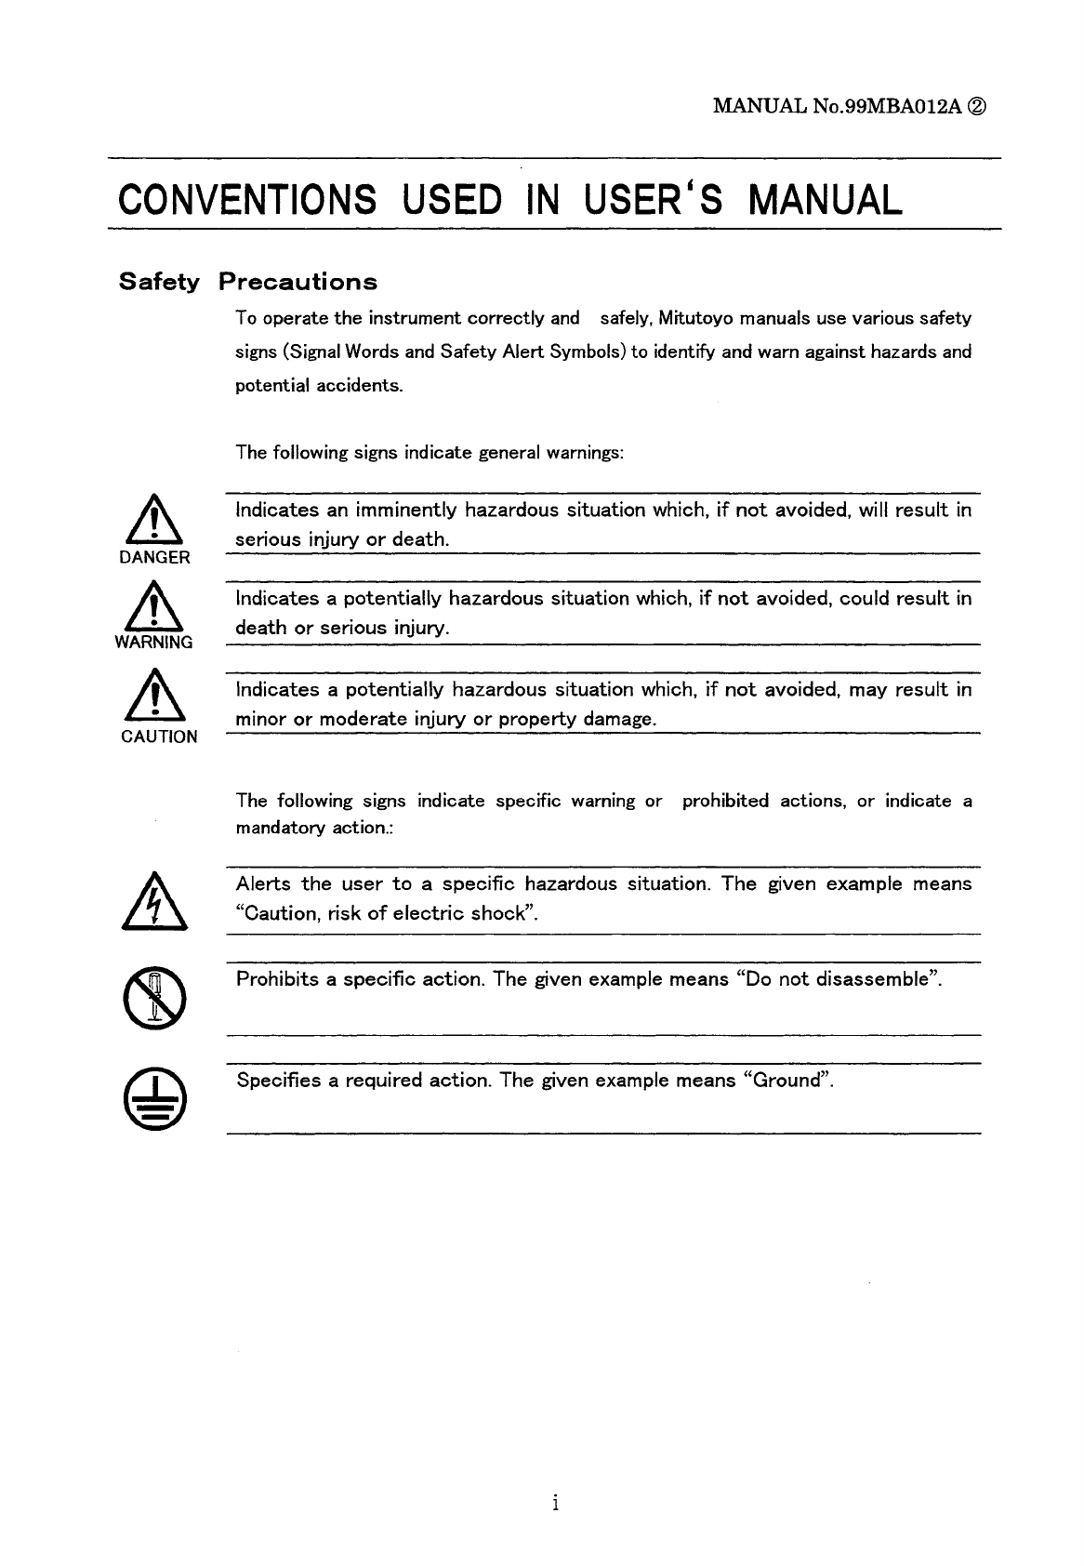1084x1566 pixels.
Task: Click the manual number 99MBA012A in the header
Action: coord(896,106)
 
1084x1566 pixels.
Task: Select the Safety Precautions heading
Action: coord(248,282)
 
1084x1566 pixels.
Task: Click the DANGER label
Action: coord(155,558)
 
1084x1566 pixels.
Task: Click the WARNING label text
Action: coord(154,643)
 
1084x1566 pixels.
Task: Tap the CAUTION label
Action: coord(159,737)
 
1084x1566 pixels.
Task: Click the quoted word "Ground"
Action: coord(787,1081)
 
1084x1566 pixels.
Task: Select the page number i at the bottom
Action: coord(554,1503)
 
